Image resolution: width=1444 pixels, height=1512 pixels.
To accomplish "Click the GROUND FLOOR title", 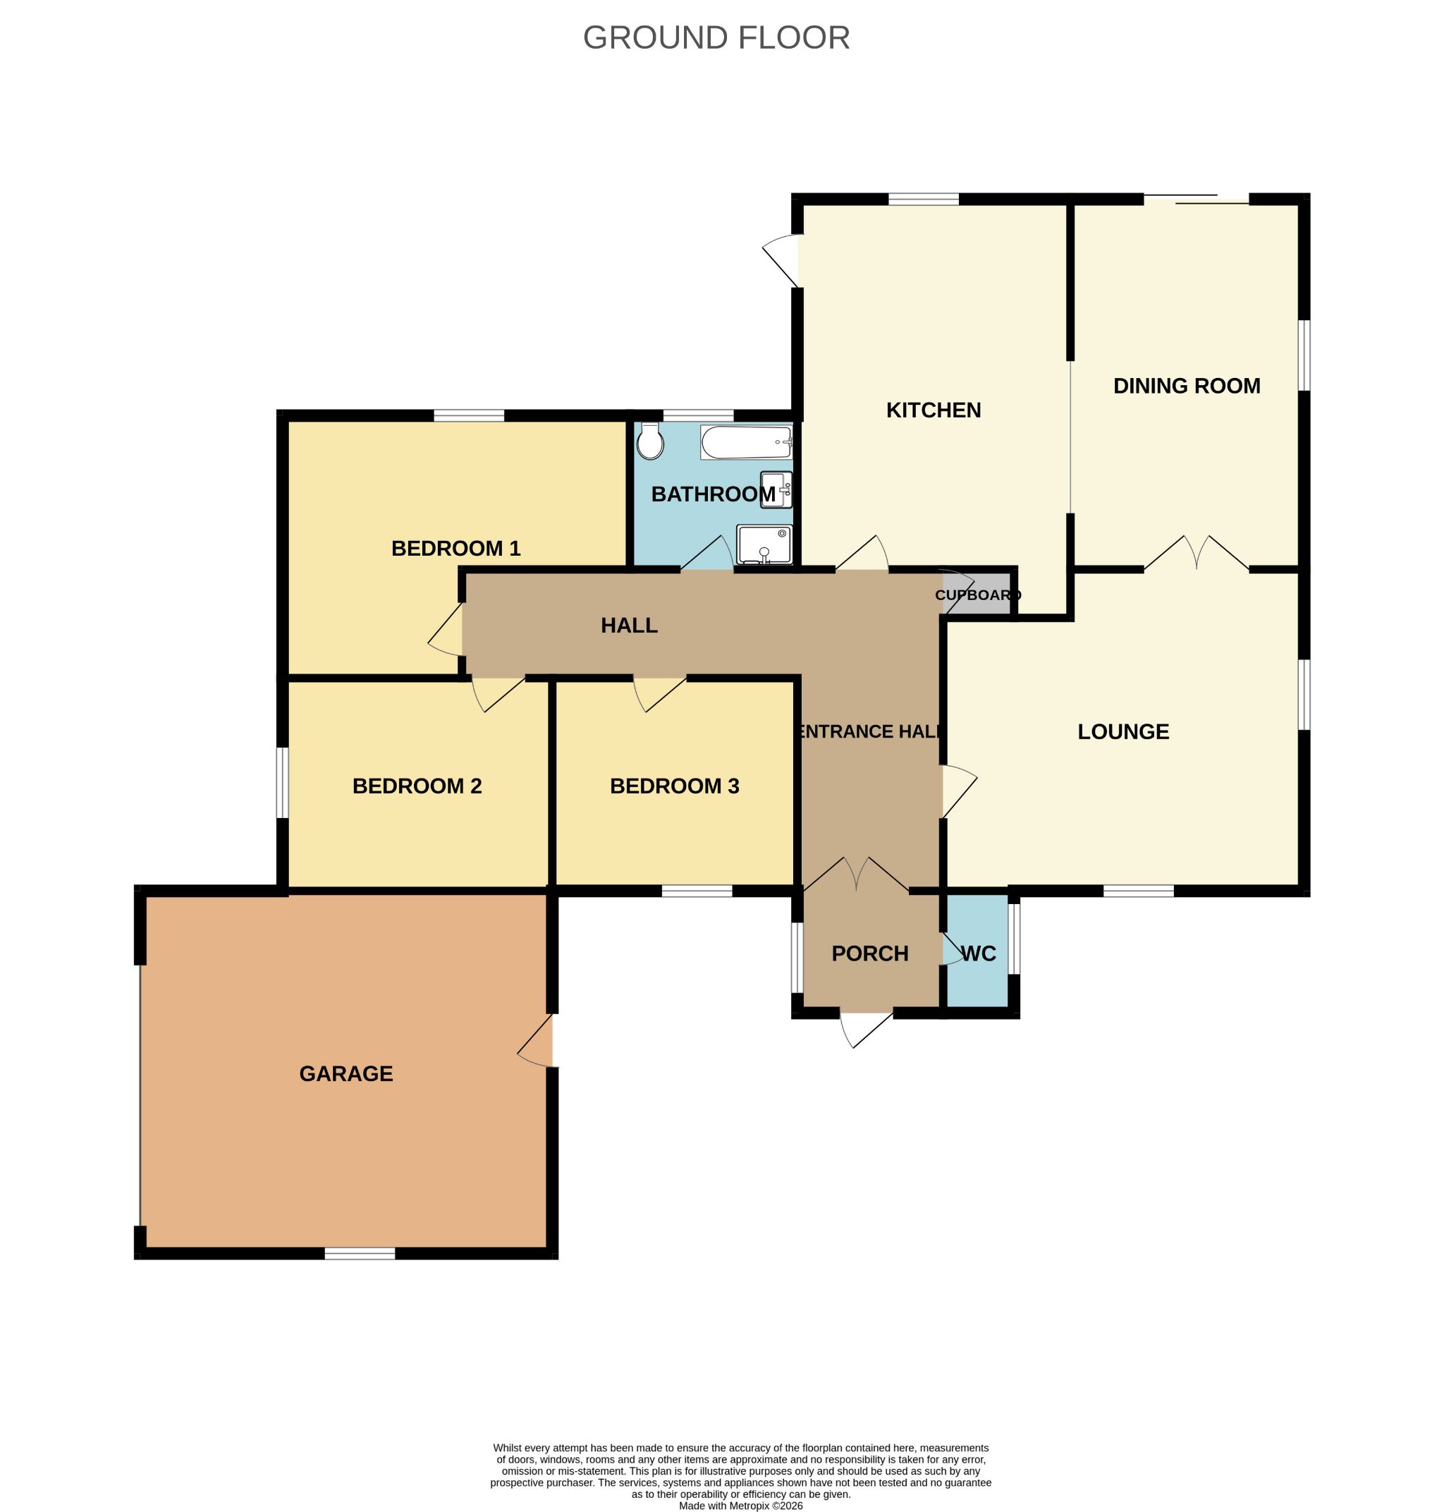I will pyautogui.click(x=716, y=37).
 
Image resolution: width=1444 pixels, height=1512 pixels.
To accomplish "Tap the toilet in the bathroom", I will pyautogui.click(x=650, y=441).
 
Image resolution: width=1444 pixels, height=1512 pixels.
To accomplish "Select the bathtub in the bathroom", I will pyautogui.click(x=746, y=443).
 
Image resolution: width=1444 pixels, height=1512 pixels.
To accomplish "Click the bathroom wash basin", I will pyautogui.click(x=775, y=489).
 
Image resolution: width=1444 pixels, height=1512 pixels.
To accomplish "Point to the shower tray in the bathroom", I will pyautogui.click(x=764, y=544).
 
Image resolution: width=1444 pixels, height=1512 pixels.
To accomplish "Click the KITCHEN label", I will pyautogui.click(x=933, y=410).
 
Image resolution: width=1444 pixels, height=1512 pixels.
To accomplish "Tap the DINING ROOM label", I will pyautogui.click(x=1186, y=386).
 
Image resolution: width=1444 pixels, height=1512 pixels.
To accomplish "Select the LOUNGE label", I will pyautogui.click(x=1123, y=731).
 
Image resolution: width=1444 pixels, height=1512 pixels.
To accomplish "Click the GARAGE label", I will pyautogui.click(x=345, y=1074).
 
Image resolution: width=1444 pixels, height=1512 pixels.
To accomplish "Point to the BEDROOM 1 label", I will pyautogui.click(x=455, y=548).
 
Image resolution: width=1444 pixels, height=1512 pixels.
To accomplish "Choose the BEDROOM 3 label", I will pyautogui.click(x=674, y=786).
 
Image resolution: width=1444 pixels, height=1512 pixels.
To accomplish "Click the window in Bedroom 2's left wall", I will pyautogui.click(x=283, y=782).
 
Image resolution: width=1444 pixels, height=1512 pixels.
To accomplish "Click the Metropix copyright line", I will pyautogui.click(x=740, y=1505).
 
